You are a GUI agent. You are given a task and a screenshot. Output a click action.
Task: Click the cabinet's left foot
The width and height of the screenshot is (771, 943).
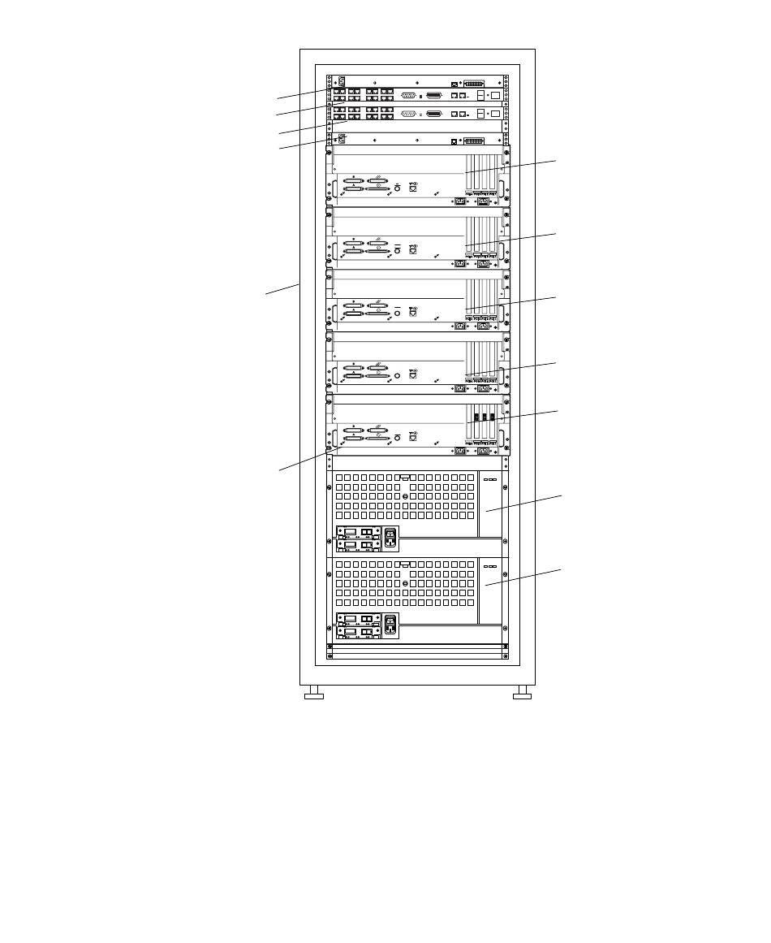point(313,694)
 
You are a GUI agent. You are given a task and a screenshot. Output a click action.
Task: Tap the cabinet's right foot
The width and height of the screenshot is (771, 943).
point(523,694)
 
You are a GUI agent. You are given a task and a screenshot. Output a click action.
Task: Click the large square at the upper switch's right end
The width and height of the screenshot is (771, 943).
point(496,95)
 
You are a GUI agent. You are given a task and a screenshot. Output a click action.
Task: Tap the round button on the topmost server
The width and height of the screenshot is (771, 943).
point(398,187)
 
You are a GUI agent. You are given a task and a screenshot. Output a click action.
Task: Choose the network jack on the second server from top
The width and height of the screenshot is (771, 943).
point(413,251)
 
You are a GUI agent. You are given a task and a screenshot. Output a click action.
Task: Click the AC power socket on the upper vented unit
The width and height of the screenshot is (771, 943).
point(391,537)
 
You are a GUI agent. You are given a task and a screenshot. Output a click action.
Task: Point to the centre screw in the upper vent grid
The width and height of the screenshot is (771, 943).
point(405,495)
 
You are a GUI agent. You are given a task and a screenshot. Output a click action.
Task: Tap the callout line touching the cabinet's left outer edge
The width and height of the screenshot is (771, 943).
point(285,288)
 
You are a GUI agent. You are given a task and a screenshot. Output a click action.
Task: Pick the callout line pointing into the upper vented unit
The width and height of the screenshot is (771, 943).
point(520,502)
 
